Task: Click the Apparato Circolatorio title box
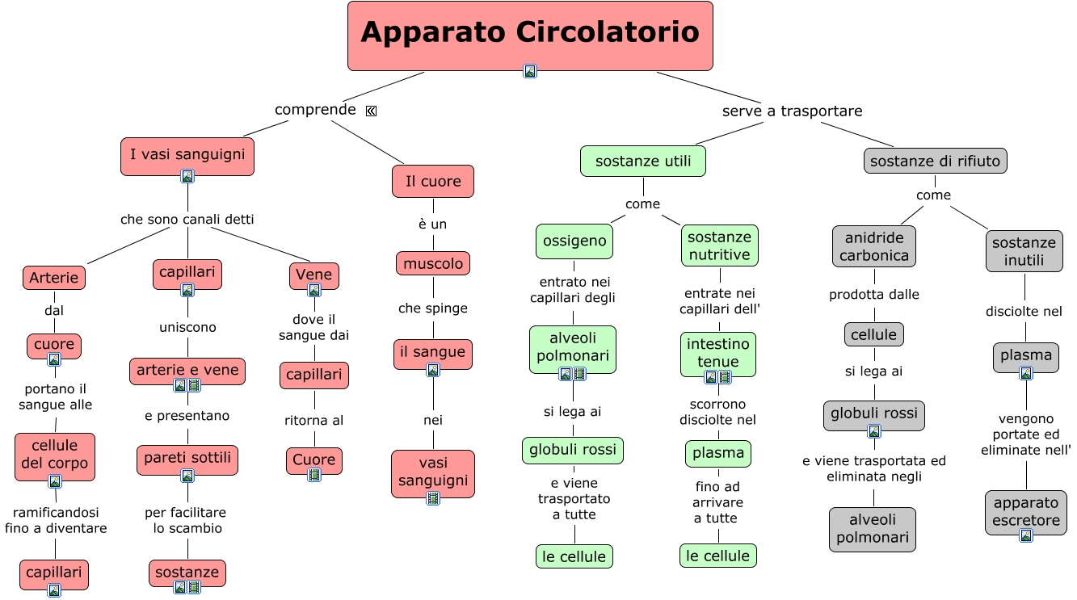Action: (530, 32)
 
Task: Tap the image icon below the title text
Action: (530, 71)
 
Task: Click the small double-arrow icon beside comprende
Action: (371, 111)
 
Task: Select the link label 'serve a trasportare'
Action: (792, 111)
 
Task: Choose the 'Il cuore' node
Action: (433, 182)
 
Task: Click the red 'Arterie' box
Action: (54, 278)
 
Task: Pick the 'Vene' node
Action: (313, 275)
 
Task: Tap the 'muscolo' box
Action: (433, 263)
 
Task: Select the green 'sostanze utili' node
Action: (643, 161)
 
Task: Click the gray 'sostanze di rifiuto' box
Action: (935, 161)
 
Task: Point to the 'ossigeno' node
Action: (574, 241)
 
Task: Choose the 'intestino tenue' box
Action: (718, 352)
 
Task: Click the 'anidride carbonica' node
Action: (873, 246)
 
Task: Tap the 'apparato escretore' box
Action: (1026, 511)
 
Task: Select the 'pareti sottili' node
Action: (187, 458)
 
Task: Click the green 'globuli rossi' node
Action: (573, 449)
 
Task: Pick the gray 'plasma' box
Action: (1026, 355)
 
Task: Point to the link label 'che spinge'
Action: (433, 308)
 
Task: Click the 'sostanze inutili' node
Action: (1024, 251)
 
